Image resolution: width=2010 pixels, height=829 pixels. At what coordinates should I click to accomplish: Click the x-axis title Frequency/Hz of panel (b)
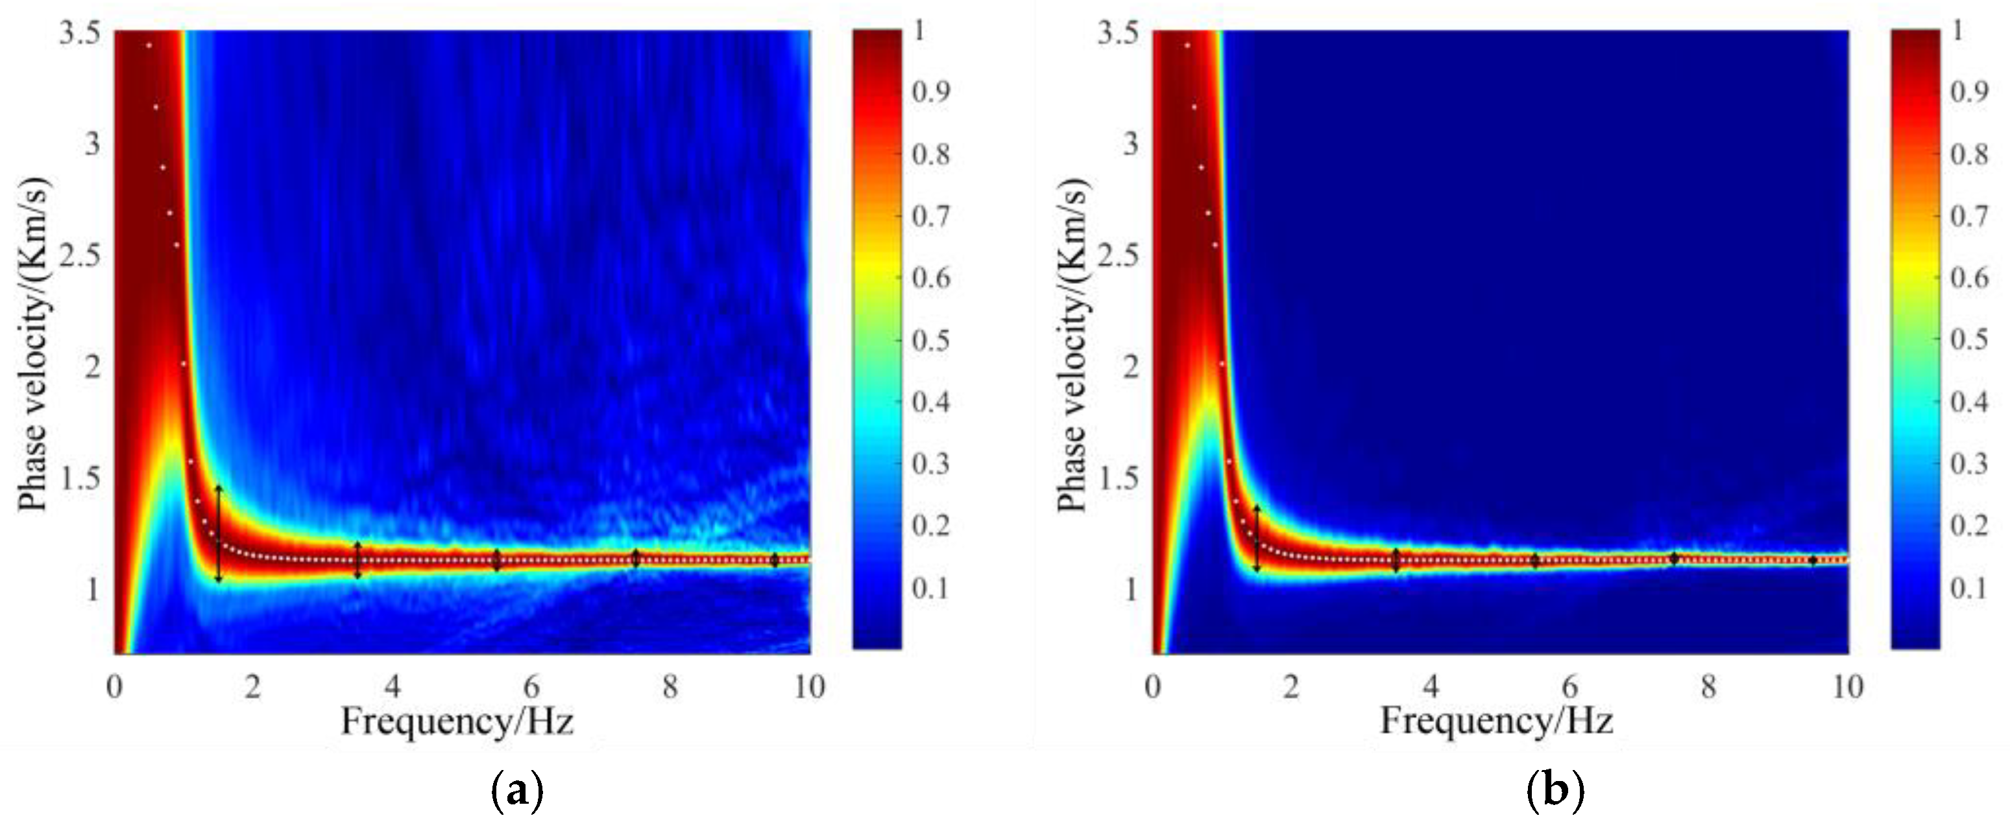pyautogui.click(x=1497, y=720)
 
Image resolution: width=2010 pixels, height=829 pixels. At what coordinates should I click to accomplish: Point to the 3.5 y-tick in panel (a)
pyautogui.click(x=80, y=34)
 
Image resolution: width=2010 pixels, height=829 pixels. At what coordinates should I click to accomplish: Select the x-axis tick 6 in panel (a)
pyautogui.click(x=531, y=687)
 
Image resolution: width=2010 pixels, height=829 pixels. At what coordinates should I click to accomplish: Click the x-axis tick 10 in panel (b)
pyautogui.click(x=1848, y=687)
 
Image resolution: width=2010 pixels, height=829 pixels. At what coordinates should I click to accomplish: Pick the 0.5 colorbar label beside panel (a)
pyautogui.click(x=931, y=340)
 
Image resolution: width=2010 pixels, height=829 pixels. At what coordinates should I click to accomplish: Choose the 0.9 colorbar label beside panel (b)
pyautogui.click(x=1969, y=92)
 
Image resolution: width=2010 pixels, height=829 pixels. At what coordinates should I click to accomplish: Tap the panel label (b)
pyautogui.click(x=1555, y=791)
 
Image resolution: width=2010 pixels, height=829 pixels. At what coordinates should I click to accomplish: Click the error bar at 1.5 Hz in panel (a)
pyautogui.click(x=219, y=534)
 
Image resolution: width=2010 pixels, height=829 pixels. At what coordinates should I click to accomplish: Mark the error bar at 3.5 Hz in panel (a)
pyautogui.click(x=357, y=560)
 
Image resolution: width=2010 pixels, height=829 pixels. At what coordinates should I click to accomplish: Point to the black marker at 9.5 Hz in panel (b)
pyautogui.click(x=1813, y=560)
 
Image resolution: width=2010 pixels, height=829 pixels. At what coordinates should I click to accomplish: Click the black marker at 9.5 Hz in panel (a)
pyautogui.click(x=775, y=560)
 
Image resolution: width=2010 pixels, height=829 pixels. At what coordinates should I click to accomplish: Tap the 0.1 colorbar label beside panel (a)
pyautogui.click(x=931, y=588)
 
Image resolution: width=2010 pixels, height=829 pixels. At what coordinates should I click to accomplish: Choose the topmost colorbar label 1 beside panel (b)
pyautogui.click(x=1957, y=31)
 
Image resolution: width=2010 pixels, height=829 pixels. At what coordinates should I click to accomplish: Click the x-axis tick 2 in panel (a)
pyautogui.click(x=253, y=687)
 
